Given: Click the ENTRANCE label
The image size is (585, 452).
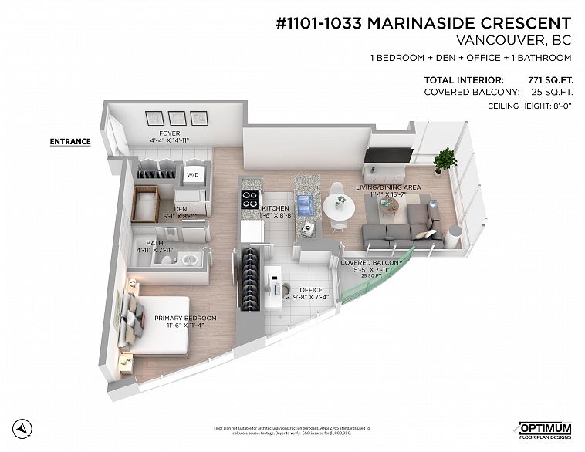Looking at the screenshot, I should [x=70, y=142].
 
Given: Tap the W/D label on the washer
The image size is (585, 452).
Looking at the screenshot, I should [x=193, y=175].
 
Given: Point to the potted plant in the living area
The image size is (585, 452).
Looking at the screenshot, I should [x=445, y=160].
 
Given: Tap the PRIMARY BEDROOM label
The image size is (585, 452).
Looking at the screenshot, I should [x=185, y=318].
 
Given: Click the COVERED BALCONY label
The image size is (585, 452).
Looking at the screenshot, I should [x=372, y=263].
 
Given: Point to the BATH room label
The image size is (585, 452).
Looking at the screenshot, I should [x=154, y=243].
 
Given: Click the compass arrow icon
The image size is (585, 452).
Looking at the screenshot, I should [x=25, y=429].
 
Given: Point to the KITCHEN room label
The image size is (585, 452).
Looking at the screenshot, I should [x=275, y=209].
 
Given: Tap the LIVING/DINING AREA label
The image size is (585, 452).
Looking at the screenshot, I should [x=387, y=187].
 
